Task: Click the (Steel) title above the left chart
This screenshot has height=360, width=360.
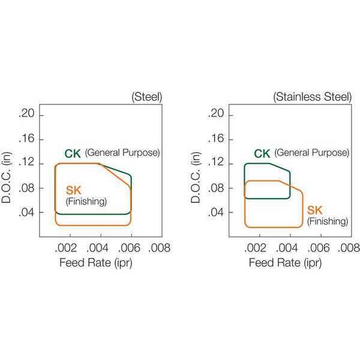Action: (x=147, y=97)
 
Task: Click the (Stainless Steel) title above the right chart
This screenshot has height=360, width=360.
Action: (x=312, y=97)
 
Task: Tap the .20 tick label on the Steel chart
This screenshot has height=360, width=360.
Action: (x=26, y=113)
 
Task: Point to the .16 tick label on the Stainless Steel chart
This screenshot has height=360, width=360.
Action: (x=216, y=139)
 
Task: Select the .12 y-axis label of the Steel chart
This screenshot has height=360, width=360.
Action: (x=26, y=163)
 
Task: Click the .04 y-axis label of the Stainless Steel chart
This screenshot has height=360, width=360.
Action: (x=216, y=212)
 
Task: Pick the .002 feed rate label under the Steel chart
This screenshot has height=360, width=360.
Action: (x=65, y=248)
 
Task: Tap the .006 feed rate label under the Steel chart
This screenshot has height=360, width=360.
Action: (x=129, y=248)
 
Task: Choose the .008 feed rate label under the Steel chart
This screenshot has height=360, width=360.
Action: (x=160, y=248)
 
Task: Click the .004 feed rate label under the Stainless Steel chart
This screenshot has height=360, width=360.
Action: (x=287, y=248)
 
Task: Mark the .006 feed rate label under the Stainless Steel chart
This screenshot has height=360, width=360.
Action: (x=319, y=248)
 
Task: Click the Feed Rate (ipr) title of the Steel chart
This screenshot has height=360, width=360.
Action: (x=96, y=263)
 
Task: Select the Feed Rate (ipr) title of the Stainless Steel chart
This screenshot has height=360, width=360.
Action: (x=286, y=263)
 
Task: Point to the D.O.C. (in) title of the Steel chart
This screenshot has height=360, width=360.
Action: (x=6, y=178)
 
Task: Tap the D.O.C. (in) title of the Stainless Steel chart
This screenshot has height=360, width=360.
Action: (x=196, y=178)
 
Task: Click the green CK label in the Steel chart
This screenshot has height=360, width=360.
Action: (x=73, y=154)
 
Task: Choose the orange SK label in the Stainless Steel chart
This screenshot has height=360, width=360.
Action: (x=315, y=210)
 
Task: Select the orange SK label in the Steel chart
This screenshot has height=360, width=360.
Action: (x=74, y=190)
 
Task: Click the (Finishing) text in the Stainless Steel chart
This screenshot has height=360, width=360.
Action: (x=328, y=221)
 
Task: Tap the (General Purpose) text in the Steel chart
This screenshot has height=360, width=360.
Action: (x=122, y=152)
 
